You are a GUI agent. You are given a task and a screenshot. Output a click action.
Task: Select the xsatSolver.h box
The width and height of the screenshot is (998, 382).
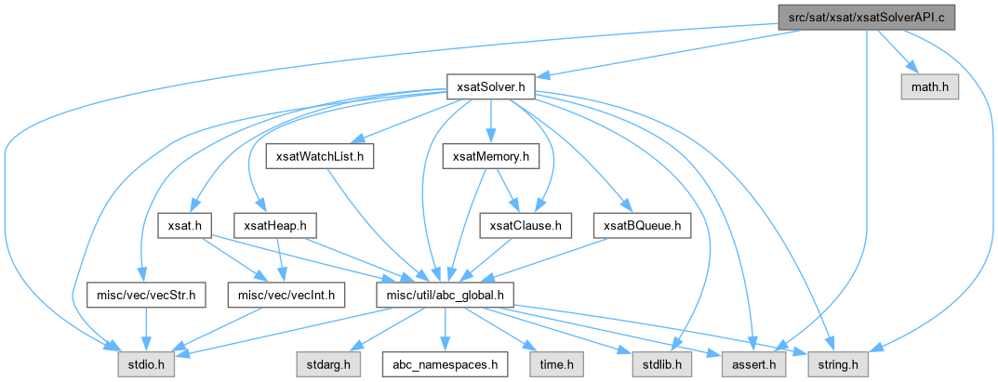487,87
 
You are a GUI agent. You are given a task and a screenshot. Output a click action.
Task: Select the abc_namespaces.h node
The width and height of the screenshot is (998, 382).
443,363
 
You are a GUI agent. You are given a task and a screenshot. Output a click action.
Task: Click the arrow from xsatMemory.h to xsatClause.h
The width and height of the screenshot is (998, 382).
507,191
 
